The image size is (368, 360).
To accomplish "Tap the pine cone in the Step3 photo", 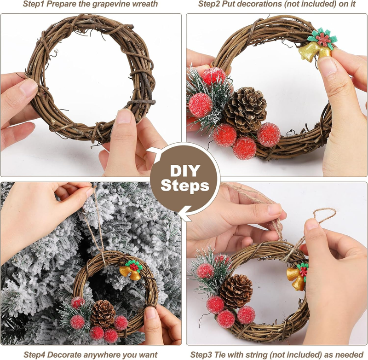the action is [x=236, y=291].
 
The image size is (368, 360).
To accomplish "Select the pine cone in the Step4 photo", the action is [x=103, y=314].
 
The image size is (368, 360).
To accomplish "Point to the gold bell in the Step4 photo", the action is [x=130, y=273].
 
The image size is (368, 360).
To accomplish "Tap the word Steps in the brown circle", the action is [x=185, y=186].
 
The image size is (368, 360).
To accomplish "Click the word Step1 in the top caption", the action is [x=34, y=4].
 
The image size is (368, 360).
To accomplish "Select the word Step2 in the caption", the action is [x=209, y=4].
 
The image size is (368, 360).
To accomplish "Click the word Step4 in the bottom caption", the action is [x=36, y=354].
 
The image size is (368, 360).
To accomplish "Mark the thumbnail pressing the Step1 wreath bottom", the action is [x=123, y=116].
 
